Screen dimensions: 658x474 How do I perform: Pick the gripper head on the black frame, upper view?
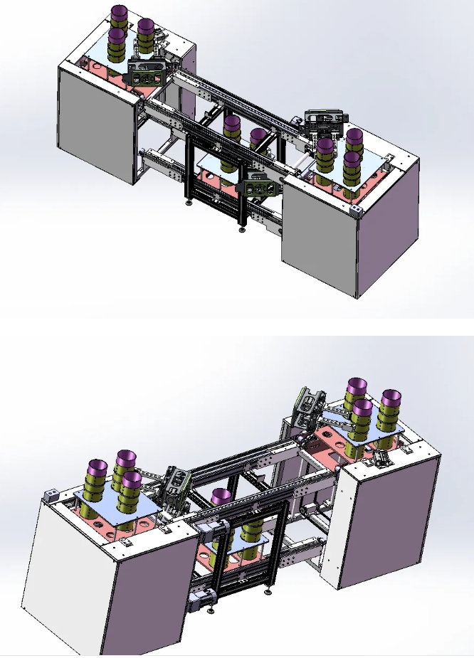pos(260,187)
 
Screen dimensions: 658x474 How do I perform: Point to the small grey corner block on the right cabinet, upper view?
pos(357,211)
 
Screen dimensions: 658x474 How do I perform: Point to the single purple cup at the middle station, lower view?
pos(223,497)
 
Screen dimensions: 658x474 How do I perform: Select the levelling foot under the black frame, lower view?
pos(268,590)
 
